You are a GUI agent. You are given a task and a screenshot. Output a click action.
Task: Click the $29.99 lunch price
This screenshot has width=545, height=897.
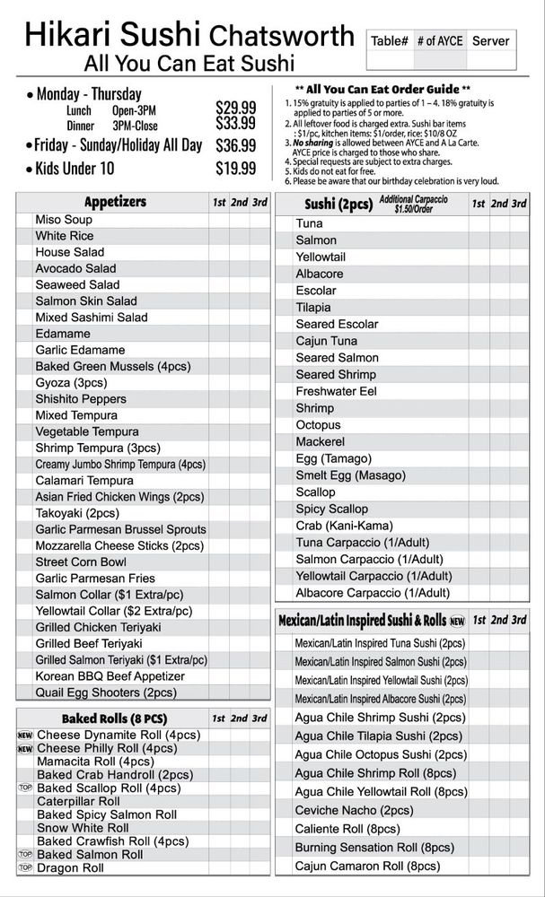235,108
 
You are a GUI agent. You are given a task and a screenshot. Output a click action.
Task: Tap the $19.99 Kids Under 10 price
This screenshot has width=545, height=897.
235,168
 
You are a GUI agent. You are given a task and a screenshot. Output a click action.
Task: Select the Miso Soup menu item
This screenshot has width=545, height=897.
64,220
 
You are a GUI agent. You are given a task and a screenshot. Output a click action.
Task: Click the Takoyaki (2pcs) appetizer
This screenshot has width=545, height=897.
77,513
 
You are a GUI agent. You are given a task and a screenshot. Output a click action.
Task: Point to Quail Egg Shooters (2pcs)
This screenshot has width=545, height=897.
106,692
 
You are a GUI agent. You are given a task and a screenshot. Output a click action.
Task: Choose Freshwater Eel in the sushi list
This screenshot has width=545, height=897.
337,391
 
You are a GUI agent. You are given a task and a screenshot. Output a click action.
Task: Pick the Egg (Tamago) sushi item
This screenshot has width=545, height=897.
334,458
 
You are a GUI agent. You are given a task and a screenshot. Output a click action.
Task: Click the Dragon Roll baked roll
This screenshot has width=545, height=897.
70,868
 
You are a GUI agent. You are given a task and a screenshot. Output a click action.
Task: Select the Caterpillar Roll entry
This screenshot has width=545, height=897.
78,801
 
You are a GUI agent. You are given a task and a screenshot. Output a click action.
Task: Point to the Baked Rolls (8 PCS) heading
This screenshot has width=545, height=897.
114,718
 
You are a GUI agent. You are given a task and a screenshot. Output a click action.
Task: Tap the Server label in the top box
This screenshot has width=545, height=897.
490,40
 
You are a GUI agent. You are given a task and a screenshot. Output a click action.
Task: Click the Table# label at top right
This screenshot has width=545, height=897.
390,40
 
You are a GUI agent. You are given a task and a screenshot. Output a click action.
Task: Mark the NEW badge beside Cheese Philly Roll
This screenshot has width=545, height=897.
25,748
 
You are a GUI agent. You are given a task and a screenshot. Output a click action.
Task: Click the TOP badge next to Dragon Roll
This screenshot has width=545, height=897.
25,868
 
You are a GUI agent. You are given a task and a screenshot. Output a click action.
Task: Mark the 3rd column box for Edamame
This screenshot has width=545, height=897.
259,334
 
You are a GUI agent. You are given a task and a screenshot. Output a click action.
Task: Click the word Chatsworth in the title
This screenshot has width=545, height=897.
281,36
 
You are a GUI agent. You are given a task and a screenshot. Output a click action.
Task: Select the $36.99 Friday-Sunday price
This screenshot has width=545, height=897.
235,144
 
